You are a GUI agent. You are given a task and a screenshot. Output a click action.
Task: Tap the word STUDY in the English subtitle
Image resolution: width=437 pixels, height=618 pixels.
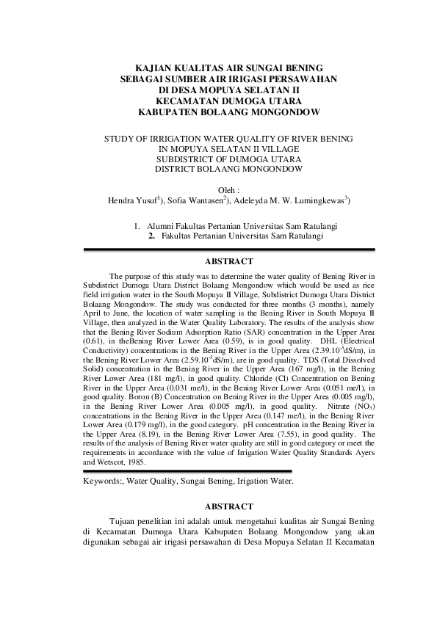click(x=121, y=138)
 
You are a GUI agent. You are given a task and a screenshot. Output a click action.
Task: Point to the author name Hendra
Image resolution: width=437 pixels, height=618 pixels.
click(x=122, y=199)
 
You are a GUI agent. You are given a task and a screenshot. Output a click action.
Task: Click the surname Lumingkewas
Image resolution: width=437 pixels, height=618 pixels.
click(x=314, y=199)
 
